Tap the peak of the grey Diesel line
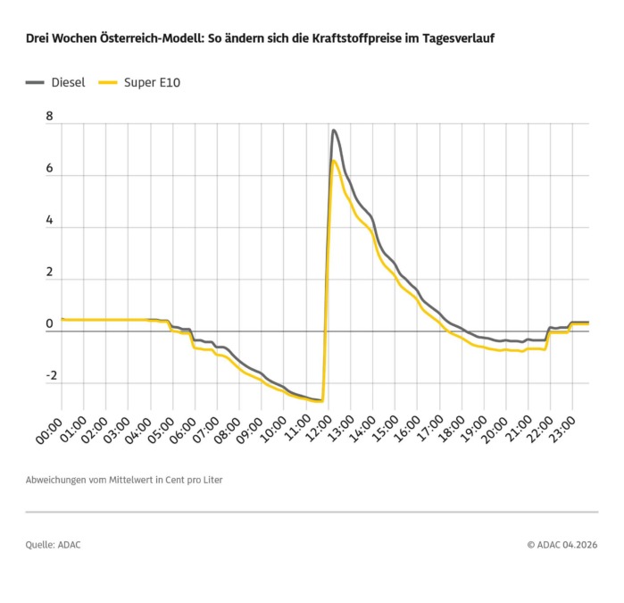coord(334,130)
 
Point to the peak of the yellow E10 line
coord(334,161)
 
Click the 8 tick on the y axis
coord(49,117)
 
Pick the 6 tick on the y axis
coord(49,169)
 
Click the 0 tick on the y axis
coord(49,324)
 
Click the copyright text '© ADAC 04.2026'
coord(562,544)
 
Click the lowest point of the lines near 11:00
coord(319,401)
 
